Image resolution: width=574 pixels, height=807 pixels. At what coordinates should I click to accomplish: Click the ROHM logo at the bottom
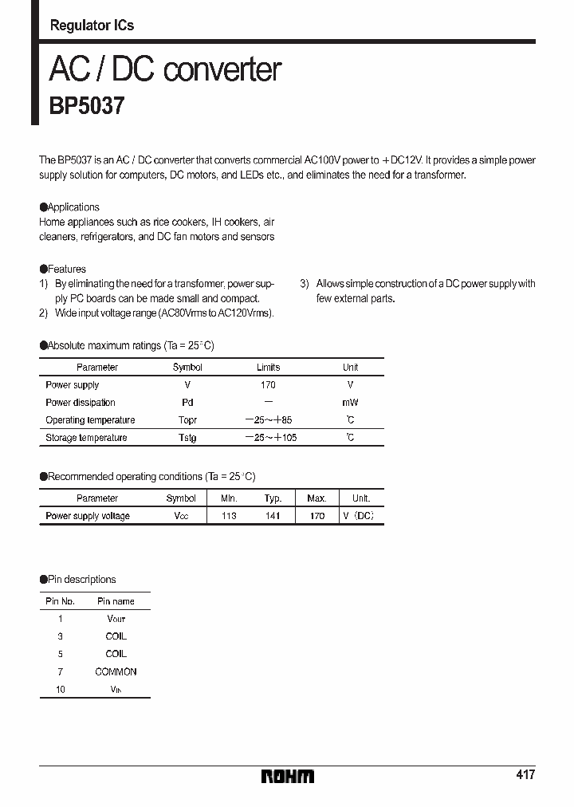287,776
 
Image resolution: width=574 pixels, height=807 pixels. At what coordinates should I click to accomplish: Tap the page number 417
525,774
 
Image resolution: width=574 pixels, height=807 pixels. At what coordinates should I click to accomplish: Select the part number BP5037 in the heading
87,107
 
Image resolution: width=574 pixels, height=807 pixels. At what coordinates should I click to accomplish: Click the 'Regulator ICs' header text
92,26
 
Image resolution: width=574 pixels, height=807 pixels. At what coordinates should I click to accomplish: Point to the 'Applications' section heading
73,207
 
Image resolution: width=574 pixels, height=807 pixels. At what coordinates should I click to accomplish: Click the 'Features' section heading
66,270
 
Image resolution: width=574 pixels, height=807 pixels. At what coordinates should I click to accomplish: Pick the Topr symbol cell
187,420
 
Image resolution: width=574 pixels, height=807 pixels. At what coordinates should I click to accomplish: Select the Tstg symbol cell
187,438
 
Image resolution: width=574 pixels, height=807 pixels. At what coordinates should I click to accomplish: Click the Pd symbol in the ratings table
187,403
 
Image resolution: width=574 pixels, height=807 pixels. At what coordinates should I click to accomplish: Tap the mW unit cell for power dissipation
350,403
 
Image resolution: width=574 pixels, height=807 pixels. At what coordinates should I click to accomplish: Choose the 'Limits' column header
268,368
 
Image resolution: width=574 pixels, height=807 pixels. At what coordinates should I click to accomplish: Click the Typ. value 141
273,516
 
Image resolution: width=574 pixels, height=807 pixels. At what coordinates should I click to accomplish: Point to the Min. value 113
229,516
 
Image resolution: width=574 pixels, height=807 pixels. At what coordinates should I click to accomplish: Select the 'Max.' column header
316,498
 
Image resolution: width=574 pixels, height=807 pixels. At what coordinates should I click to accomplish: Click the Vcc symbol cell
181,516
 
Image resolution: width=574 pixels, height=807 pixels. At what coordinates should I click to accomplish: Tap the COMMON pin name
116,672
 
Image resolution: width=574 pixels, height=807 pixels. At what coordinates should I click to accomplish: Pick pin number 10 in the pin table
61,690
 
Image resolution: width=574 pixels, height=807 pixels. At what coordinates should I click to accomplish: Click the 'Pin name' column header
116,601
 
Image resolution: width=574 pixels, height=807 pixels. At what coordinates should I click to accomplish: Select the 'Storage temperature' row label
86,438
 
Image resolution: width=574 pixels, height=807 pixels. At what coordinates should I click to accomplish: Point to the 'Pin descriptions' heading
81,580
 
